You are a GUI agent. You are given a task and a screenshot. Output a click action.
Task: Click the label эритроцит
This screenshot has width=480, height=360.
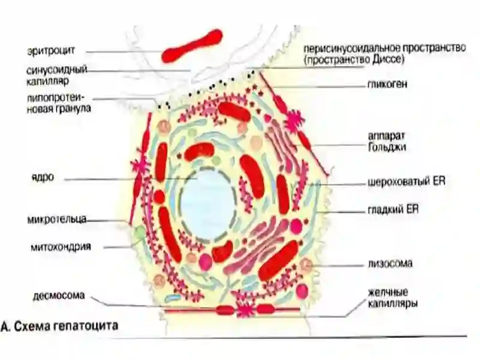(x=51, y=51)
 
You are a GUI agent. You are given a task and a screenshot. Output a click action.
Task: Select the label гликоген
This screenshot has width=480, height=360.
(x=387, y=84)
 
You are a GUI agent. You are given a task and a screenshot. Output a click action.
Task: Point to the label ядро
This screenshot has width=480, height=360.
(x=43, y=177)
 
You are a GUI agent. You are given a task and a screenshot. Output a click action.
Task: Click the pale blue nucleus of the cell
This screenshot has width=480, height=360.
(x=208, y=205)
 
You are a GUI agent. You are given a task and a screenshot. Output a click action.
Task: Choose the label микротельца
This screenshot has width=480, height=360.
(x=57, y=219)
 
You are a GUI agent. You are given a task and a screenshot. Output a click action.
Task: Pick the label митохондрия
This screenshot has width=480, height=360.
(x=61, y=247)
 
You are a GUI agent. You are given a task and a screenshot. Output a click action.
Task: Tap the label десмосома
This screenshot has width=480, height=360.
(x=59, y=296)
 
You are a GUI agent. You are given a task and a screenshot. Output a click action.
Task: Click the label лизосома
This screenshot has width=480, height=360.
(x=390, y=263)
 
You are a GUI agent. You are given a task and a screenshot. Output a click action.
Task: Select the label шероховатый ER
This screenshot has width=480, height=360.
(x=407, y=181)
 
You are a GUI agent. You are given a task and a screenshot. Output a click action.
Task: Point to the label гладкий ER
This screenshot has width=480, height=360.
(x=393, y=209)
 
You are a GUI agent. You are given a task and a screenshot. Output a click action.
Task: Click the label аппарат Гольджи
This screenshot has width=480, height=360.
(x=387, y=142)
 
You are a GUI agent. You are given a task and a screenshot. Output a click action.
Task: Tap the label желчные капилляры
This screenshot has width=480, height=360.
(x=393, y=298)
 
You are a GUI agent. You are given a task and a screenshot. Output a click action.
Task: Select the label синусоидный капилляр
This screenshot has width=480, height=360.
(x=57, y=76)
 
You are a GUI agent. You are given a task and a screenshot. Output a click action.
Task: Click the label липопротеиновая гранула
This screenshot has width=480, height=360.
(x=59, y=103)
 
